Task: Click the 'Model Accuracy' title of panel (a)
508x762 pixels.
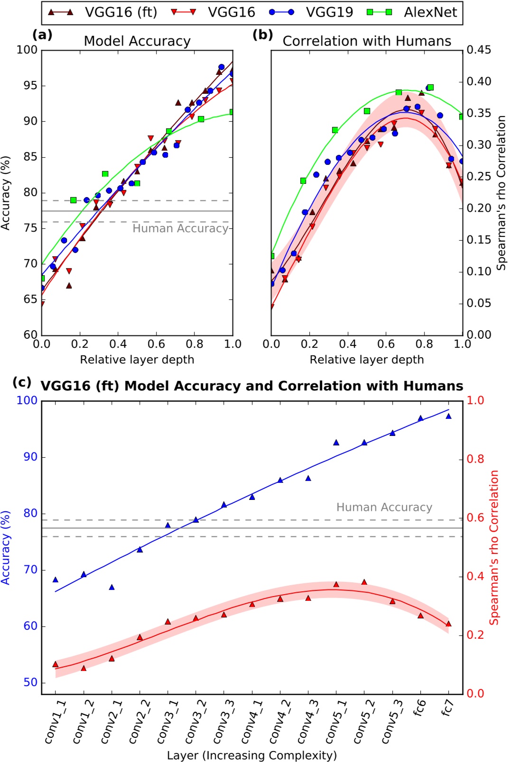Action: pyautogui.click(x=137, y=41)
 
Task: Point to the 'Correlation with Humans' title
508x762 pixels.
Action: pyautogui.click(x=367, y=41)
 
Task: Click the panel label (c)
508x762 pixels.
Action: pyautogui.click(x=22, y=382)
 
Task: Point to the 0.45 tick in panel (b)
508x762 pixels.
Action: pyautogui.click(x=478, y=50)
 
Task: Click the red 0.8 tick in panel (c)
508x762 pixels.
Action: pyautogui.click(x=475, y=459)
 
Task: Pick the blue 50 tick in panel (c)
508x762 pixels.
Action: pyautogui.click(x=27, y=682)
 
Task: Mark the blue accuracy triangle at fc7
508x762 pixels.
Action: pyautogui.click(x=448, y=417)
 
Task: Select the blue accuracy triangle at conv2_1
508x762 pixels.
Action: pyautogui.click(x=112, y=588)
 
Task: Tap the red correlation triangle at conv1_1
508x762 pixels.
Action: pyautogui.click(x=55, y=664)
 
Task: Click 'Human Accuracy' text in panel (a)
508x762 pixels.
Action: pyautogui.click(x=180, y=228)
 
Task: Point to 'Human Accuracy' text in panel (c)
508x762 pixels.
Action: pyautogui.click(x=384, y=507)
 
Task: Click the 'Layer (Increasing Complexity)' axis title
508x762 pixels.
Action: pyautogui.click(x=252, y=755)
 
